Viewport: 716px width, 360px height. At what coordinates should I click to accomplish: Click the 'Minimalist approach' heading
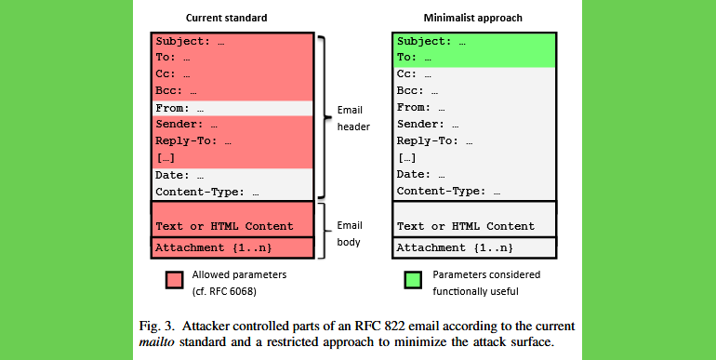pos(474,17)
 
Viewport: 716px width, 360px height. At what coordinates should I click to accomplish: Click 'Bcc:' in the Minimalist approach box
pos(412,91)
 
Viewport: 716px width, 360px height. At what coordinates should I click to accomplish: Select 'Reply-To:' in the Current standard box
pos(184,141)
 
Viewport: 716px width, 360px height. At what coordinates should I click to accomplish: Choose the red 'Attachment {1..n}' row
pos(213,247)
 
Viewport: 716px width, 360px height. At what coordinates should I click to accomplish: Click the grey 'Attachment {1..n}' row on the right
pos(454,247)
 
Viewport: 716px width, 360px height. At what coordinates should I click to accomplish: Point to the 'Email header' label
pos(351,118)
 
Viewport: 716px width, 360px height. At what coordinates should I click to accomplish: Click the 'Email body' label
pos(350,233)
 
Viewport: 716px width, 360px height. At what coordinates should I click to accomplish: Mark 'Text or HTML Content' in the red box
pos(224,226)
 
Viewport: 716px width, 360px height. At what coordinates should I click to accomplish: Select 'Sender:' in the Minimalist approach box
pos(418,125)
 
